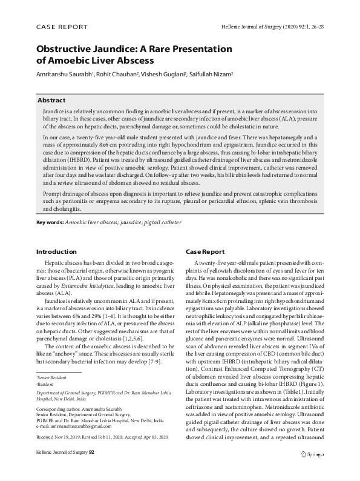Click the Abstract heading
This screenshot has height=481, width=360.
coord(51,100)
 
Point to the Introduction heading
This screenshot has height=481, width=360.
coord(56,251)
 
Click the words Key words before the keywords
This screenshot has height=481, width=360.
coord(50,222)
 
